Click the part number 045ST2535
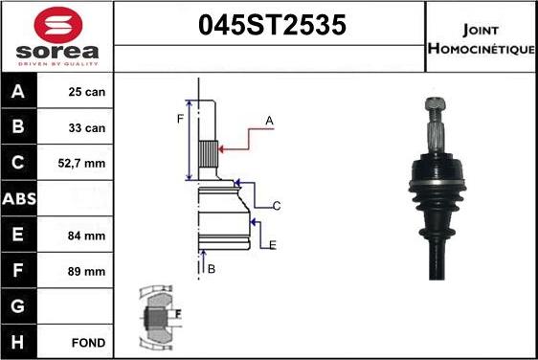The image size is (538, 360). (x=271, y=26)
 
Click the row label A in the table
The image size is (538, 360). (x=18, y=92)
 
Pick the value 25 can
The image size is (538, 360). (x=86, y=92)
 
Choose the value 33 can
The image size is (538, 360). (x=86, y=127)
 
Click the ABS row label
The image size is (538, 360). (x=18, y=199)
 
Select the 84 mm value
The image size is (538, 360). (x=86, y=235)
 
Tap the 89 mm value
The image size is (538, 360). (x=86, y=271)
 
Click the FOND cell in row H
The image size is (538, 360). (x=87, y=342)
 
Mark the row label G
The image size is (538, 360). (x=18, y=306)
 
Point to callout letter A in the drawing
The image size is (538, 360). (x=270, y=121)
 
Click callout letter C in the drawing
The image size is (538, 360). (x=276, y=206)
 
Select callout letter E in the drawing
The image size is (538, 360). (x=273, y=246)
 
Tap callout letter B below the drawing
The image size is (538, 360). (x=212, y=269)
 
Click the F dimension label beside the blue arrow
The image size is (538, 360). (x=179, y=119)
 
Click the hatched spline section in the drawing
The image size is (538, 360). (x=209, y=150)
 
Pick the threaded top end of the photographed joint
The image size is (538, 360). (x=433, y=111)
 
